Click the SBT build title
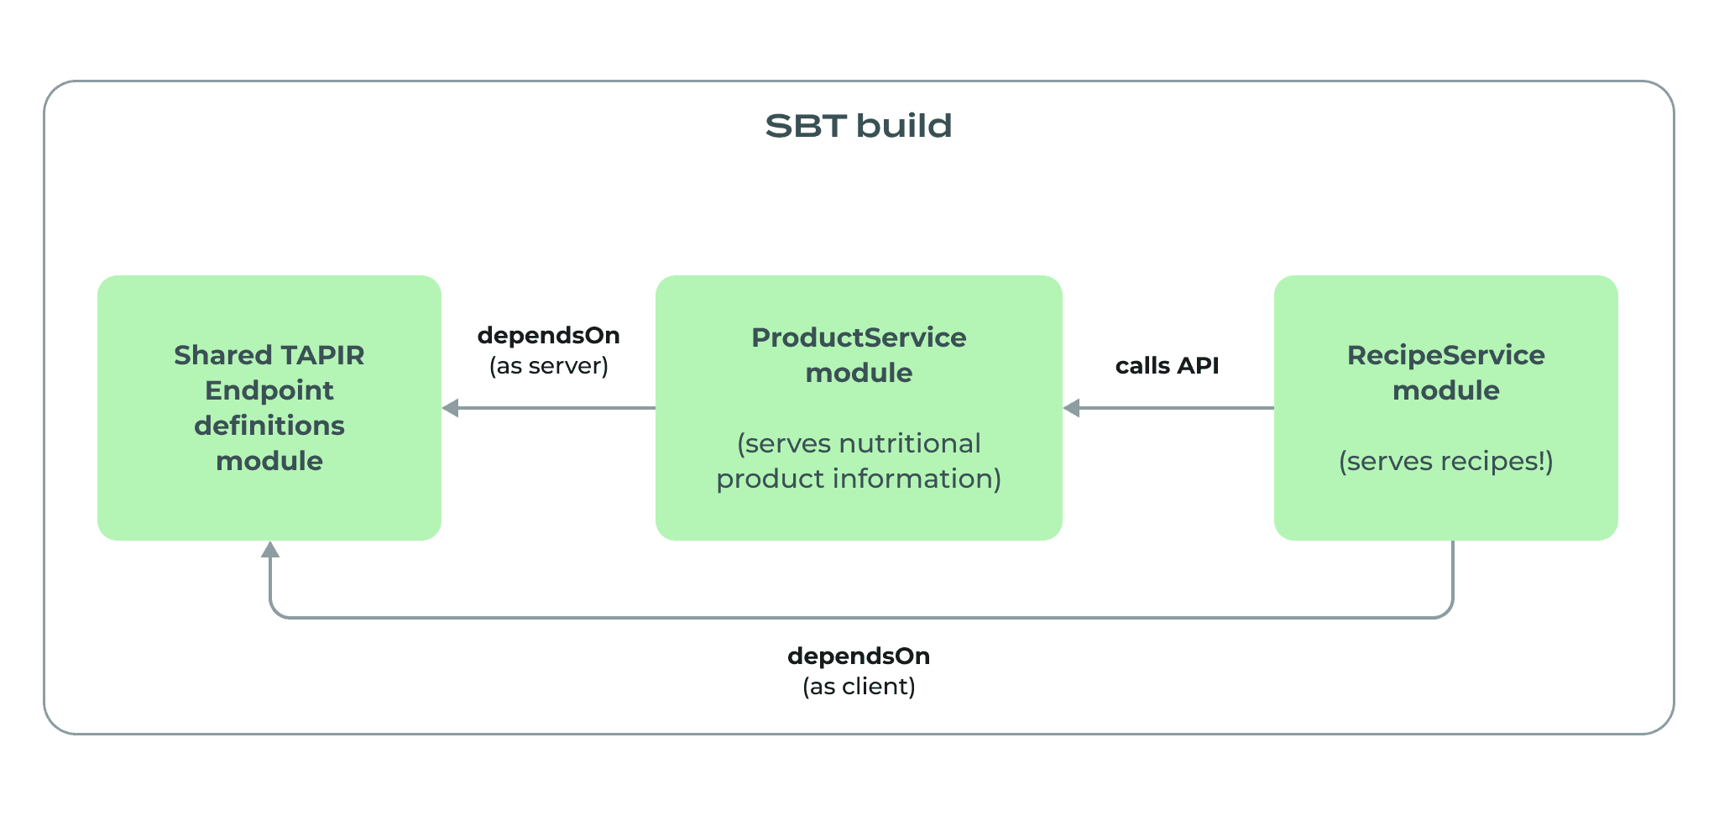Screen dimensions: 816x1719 coord(858,126)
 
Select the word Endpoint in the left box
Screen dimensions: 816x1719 coord(269,390)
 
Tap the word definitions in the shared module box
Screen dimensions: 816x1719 coord(269,426)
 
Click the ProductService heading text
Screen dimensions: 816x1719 coord(859,337)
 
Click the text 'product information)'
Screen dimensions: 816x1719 coord(859,479)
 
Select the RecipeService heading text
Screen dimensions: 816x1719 coord(1445,355)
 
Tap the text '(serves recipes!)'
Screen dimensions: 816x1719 coord(1445,461)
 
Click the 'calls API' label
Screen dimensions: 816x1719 coord(1167,366)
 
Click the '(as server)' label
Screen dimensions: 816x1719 coord(549,366)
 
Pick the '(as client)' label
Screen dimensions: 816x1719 coord(859,687)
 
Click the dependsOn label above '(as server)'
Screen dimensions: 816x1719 coord(549,336)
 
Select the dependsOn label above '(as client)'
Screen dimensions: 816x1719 coord(859,656)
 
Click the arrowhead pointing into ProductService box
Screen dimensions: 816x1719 coord(1071,409)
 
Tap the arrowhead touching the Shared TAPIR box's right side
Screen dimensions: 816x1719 coord(451,409)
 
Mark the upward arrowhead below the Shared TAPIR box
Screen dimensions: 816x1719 coord(269,550)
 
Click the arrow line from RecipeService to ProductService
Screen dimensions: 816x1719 coord(1175,409)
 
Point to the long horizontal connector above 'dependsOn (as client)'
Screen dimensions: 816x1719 coord(859,618)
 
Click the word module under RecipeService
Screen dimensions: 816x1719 coord(1445,390)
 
